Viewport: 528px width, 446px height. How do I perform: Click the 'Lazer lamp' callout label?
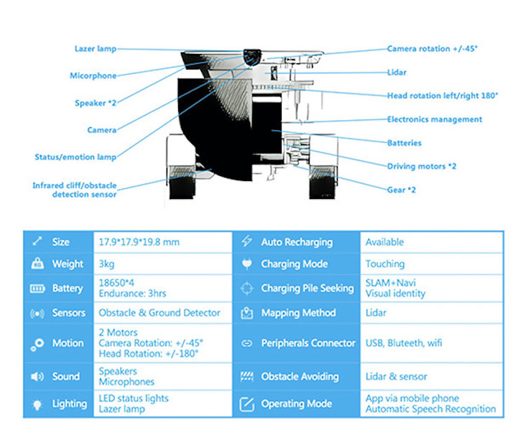(95, 49)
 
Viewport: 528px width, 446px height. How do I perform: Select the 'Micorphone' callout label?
(93, 75)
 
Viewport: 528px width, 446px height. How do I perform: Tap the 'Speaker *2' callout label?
(96, 103)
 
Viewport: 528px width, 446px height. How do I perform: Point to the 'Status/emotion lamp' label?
(75, 157)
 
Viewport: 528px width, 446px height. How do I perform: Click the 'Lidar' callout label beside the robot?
(397, 72)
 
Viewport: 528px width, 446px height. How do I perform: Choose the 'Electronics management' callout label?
(435, 119)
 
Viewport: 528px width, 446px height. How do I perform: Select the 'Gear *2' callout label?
(402, 190)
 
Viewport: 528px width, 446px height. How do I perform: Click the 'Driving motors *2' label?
(422, 167)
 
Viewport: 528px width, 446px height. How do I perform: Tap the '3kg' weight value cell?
(106, 264)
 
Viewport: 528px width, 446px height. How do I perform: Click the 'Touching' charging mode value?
(384, 264)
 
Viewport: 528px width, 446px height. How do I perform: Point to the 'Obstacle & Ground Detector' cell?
(159, 312)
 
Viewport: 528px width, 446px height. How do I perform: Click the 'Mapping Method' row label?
(298, 313)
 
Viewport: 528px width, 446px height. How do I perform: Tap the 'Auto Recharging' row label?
(297, 242)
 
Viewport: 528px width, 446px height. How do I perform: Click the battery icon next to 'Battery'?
(37, 289)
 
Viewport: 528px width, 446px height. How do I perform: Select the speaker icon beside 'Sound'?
(37, 376)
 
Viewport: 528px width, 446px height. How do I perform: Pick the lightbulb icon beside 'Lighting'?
(37, 404)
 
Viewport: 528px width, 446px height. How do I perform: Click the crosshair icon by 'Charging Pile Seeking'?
(247, 289)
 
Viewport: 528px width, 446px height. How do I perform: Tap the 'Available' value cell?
(384, 242)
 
